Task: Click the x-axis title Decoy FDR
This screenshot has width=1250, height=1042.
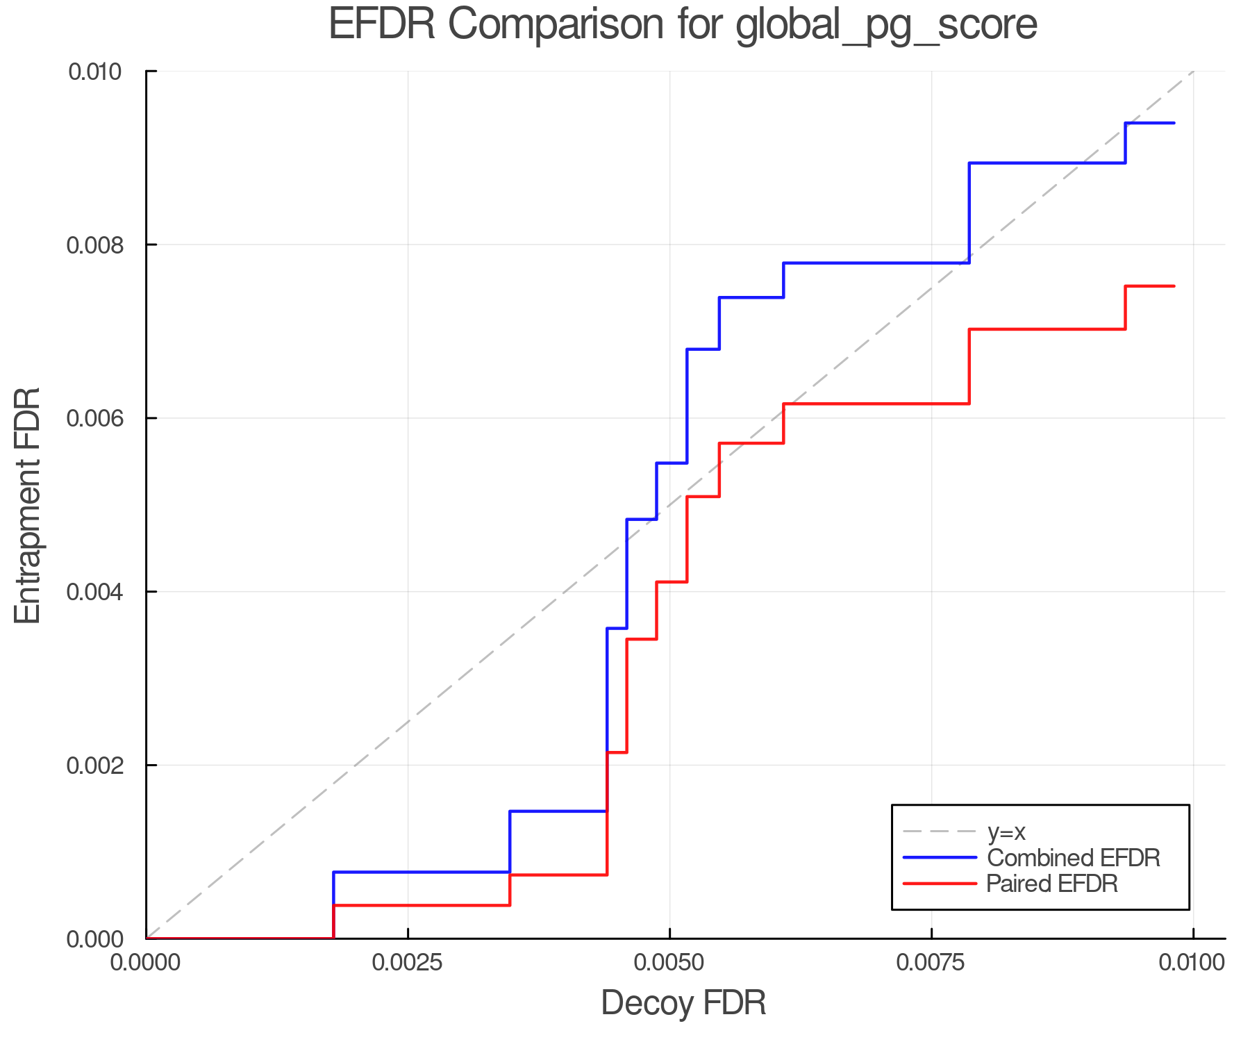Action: pyautogui.click(x=683, y=1003)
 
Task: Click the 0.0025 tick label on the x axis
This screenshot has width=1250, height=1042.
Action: pyautogui.click(x=408, y=962)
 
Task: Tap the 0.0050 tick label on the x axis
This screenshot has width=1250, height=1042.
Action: pyautogui.click(x=669, y=962)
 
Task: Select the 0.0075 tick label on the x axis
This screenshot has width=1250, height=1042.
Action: pyautogui.click(x=931, y=962)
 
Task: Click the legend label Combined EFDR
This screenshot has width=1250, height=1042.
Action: pyautogui.click(x=1073, y=858)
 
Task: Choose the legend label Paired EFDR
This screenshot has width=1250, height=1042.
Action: pyautogui.click(x=1052, y=884)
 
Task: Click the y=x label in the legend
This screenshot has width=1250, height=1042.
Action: pyautogui.click(x=1006, y=832)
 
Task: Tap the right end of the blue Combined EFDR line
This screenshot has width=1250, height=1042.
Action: pyautogui.click(x=1174, y=123)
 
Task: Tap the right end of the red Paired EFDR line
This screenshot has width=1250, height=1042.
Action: pyautogui.click(x=1174, y=286)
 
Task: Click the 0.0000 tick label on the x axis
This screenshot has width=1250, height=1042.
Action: pyautogui.click(x=146, y=962)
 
